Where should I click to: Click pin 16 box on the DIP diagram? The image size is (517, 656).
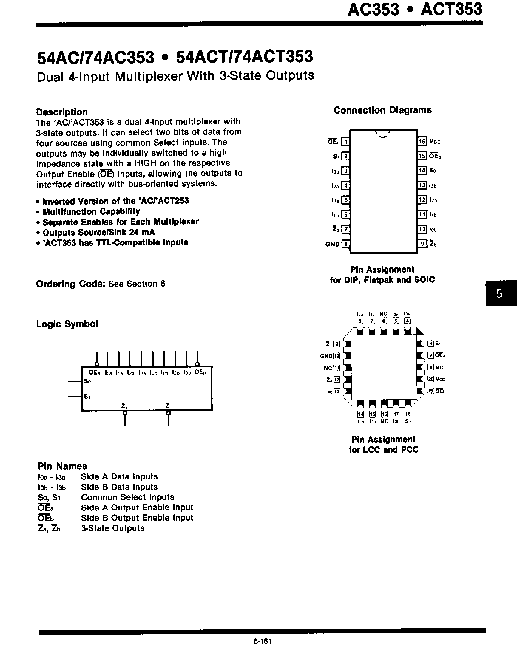point(422,141)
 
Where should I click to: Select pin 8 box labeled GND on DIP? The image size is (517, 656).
point(345,244)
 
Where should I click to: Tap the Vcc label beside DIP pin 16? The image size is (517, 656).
point(435,142)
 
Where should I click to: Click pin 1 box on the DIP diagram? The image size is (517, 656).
point(345,141)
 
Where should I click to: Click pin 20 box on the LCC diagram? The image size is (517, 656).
point(430,379)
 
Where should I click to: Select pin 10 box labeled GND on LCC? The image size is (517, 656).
point(337,356)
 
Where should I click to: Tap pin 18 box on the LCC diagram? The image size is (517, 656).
point(408,414)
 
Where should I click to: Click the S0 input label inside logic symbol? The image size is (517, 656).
point(87,381)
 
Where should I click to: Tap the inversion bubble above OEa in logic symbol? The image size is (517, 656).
point(97,364)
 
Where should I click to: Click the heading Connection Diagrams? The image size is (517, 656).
point(382,110)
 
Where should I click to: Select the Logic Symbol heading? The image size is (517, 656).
point(67,324)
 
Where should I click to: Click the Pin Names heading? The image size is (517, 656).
point(62,466)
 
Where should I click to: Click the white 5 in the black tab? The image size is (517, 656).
point(499,293)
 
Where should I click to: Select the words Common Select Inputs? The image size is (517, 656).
point(127,497)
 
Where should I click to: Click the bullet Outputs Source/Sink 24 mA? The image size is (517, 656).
point(98,232)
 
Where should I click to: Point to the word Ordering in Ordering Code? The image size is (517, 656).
point(56,284)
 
